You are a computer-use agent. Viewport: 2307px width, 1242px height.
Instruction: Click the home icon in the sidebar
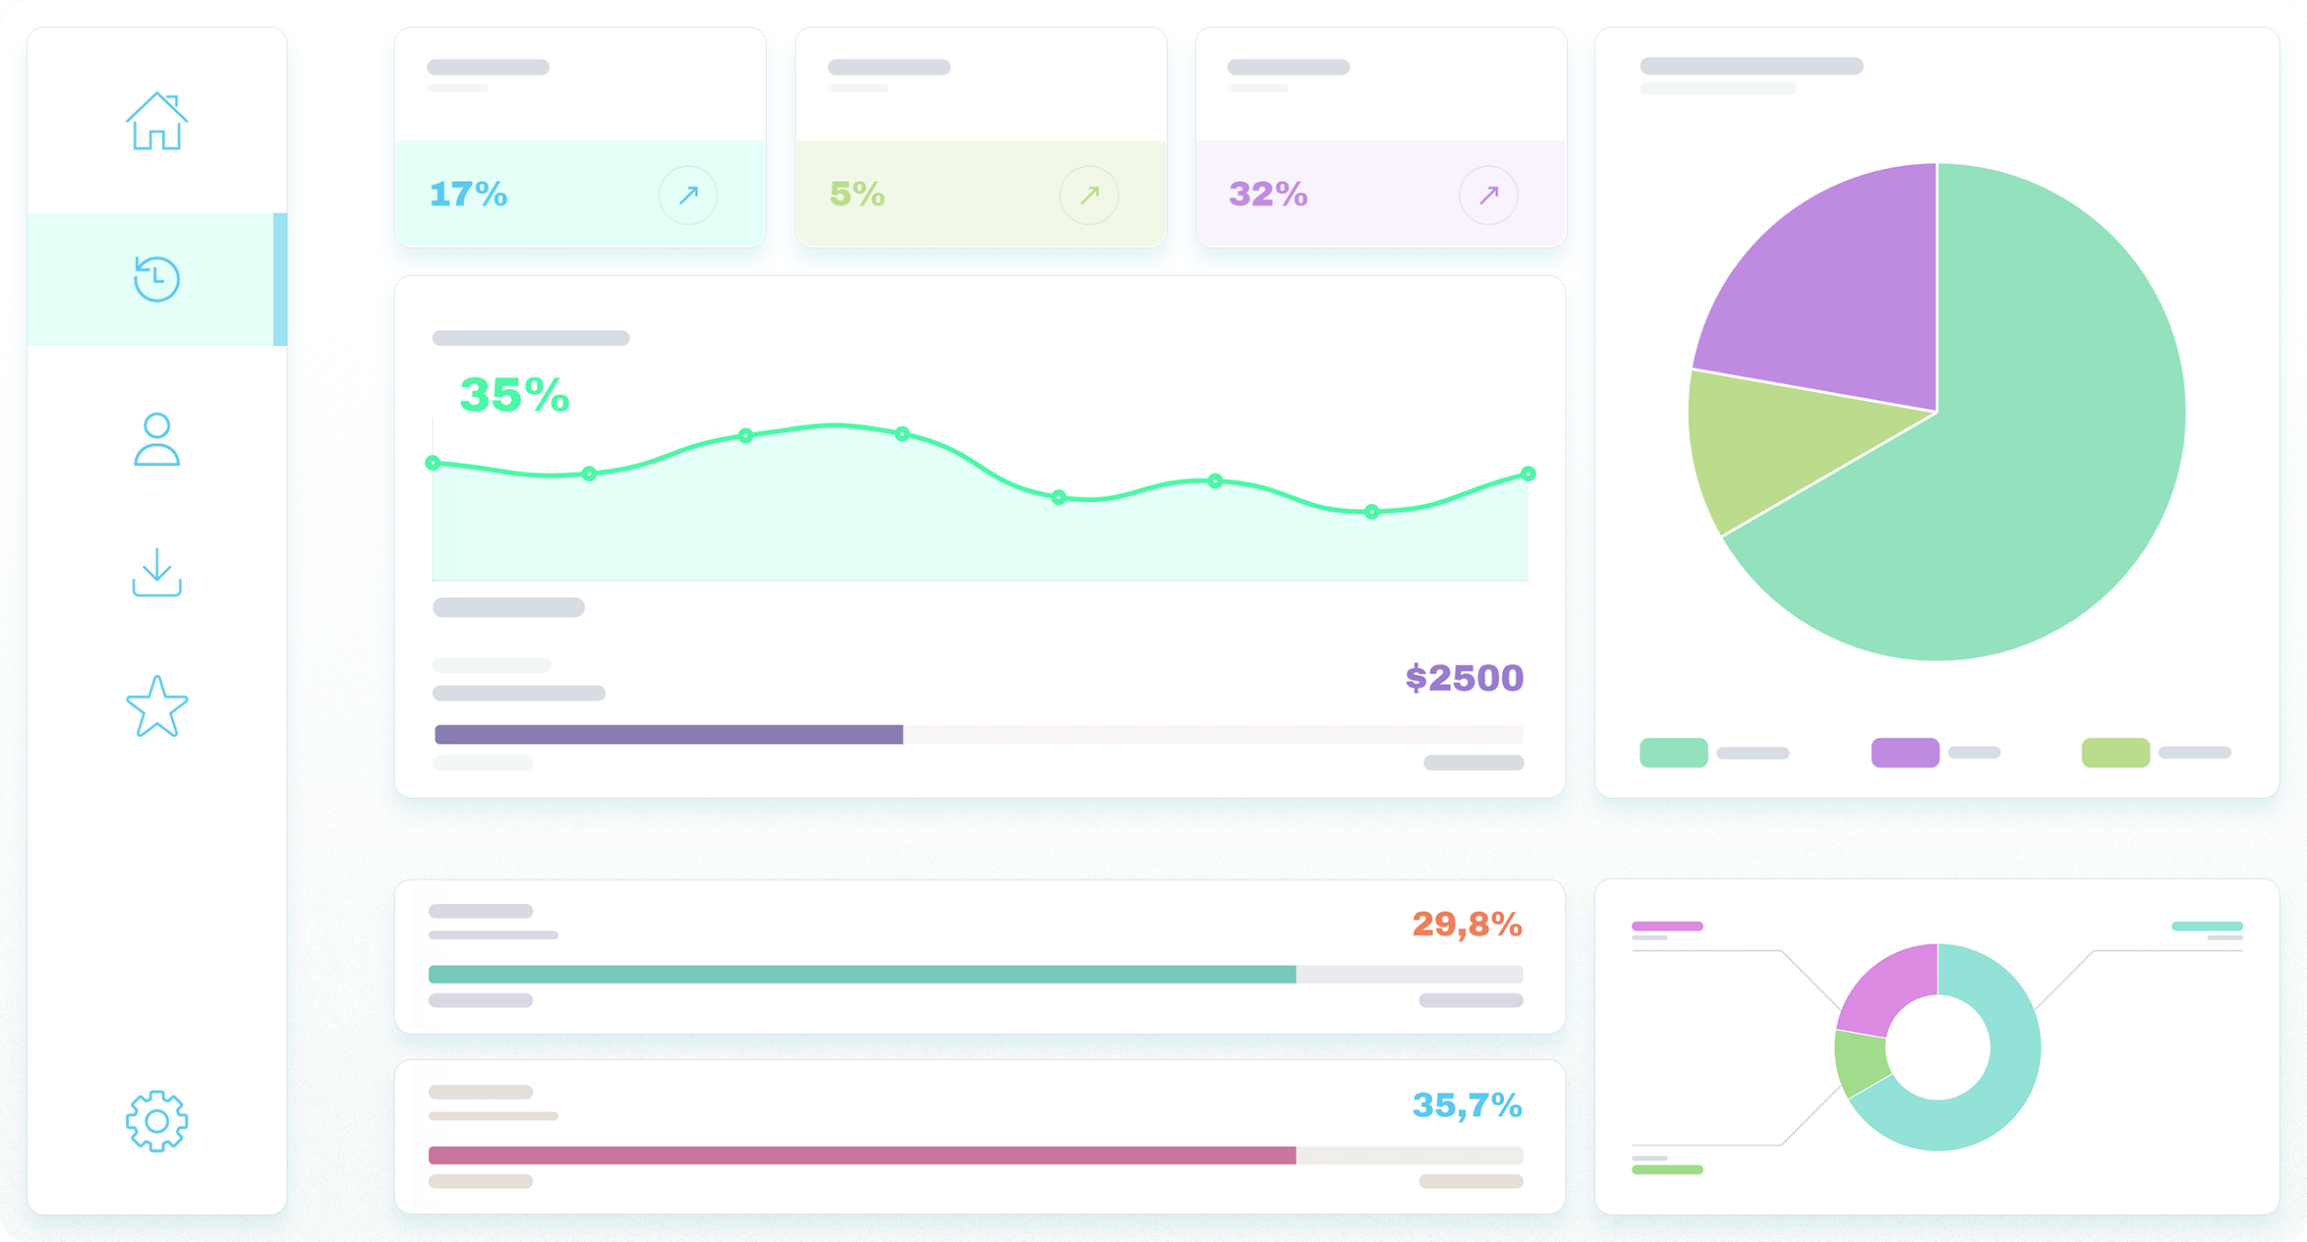click(x=157, y=122)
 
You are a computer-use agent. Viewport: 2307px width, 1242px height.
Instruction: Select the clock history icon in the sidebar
click(x=157, y=279)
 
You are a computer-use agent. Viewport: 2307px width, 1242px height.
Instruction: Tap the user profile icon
click(x=157, y=440)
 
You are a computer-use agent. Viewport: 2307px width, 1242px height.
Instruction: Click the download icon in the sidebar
click(x=157, y=572)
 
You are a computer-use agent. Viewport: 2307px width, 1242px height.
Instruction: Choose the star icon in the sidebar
click(x=157, y=708)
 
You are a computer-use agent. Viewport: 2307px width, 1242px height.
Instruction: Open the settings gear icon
click(x=157, y=1120)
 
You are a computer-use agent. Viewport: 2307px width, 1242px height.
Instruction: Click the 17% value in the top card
click(x=469, y=194)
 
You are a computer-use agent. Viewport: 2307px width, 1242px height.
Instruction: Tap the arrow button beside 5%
click(x=1089, y=195)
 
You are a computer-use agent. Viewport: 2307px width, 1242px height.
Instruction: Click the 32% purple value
click(x=1268, y=194)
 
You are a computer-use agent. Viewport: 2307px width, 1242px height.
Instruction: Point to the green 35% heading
click(x=515, y=395)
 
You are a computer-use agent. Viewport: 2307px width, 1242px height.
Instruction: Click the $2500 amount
click(x=1464, y=678)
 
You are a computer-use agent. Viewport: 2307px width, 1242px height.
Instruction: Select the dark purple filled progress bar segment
click(x=668, y=734)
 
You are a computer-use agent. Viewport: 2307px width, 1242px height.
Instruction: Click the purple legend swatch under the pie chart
click(x=1904, y=752)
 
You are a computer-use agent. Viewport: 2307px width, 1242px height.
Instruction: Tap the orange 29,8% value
click(x=1466, y=924)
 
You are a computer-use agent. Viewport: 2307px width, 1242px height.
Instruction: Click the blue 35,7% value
click(x=1466, y=1105)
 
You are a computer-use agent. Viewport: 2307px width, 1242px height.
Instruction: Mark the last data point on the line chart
click(x=1527, y=473)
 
